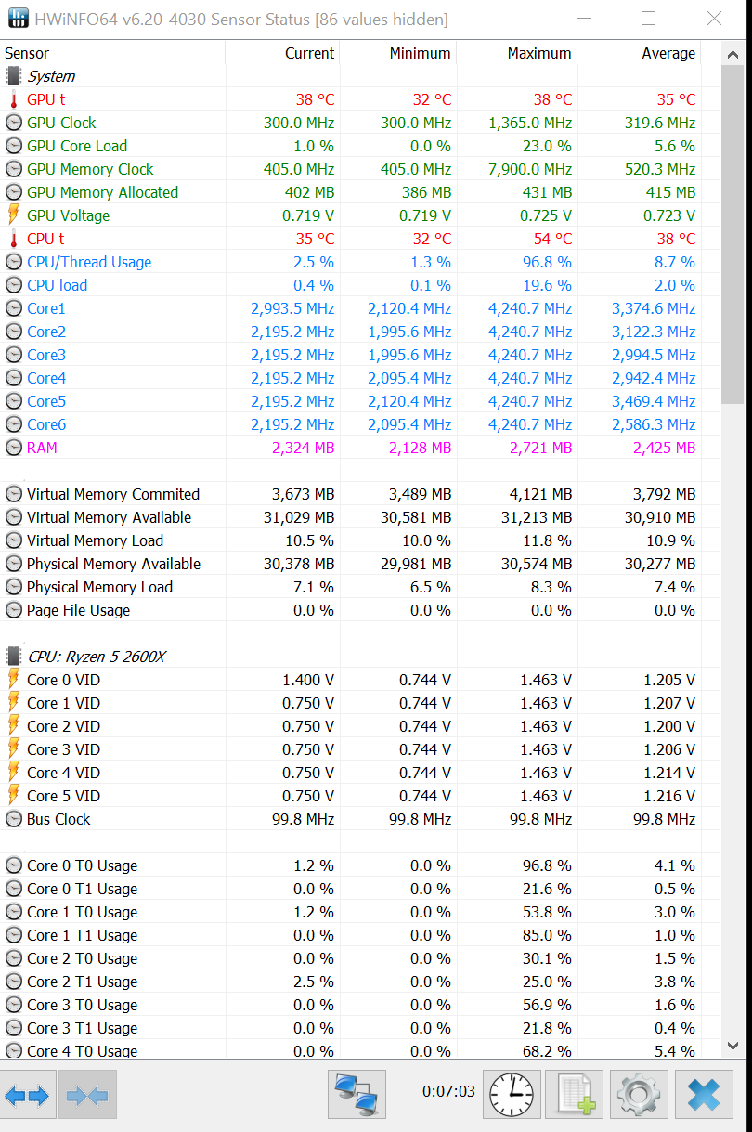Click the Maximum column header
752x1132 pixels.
538,53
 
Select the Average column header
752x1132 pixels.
668,53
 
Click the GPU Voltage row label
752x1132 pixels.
68,215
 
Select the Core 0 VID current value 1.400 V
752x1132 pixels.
308,680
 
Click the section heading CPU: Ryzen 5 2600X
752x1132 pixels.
97,657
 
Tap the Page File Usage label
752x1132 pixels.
78,610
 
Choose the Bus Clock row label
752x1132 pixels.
58,819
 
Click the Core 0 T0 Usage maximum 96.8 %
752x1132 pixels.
547,865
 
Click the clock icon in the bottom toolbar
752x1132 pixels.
512,1094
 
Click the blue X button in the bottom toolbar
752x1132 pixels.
703,1094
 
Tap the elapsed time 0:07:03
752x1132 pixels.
448,1091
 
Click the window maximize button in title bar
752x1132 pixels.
648,19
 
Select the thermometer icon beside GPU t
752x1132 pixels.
14,99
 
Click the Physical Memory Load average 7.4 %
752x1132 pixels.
674,587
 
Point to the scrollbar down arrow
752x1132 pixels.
733,1047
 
